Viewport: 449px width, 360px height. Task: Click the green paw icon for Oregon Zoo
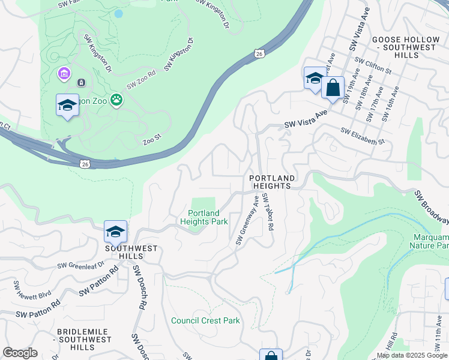[x=116, y=101]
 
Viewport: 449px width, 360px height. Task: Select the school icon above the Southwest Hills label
[x=115, y=231]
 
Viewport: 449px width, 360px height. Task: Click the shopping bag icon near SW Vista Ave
[x=333, y=88]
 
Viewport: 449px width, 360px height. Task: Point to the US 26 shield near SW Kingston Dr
[x=258, y=53]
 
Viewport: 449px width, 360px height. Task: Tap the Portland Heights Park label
[x=204, y=217]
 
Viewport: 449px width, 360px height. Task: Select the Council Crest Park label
[x=205, y=320]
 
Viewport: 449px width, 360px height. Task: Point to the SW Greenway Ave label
[x=247, y=222]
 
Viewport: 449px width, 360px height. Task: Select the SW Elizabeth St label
[x=362, y=136]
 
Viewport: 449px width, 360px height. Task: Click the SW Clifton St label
[x=373, y=65]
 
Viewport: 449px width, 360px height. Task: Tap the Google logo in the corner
[x=20, y=353]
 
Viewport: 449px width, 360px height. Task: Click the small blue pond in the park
[x=118, y=13]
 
